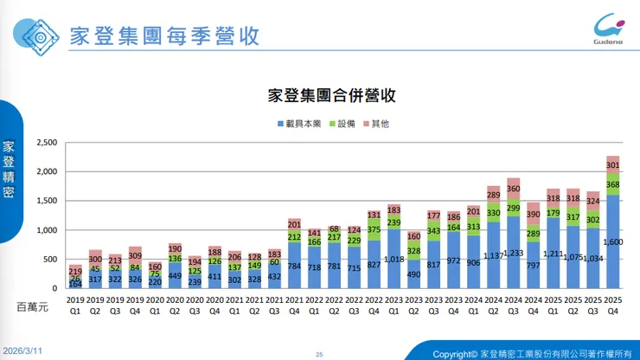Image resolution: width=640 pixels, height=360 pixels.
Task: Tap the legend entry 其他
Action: (380, 124)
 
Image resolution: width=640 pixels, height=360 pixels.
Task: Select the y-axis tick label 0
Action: (54, 288)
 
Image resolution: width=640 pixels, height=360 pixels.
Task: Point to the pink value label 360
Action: (513, 189)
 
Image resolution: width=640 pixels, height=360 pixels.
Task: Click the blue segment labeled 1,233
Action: (513, 253)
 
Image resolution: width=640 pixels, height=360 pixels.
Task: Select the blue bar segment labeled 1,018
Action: (394, 259)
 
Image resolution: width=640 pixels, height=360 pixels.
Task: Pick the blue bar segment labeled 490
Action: (413, 274)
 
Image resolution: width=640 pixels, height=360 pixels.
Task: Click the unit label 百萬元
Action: (35, 305)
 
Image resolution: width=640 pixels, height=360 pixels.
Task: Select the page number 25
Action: (318, 354)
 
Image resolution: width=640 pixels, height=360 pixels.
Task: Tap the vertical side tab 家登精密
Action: (9, 169)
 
